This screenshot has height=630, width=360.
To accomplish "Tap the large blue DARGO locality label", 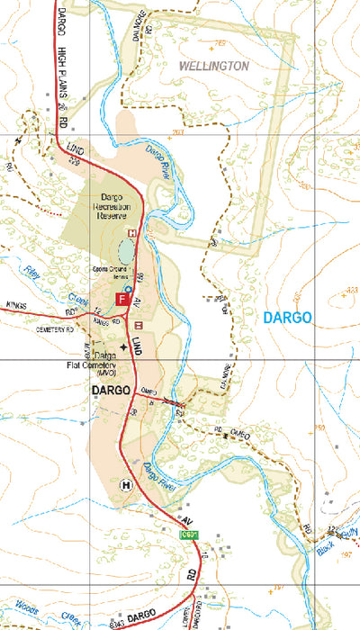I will point(288,317).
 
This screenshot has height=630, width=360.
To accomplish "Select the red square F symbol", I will point(121,299).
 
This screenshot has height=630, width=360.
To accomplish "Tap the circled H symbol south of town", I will point(125,484).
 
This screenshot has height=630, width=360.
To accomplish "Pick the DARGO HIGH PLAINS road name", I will point(64,54).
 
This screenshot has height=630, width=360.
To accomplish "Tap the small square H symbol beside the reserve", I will point(132,232).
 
